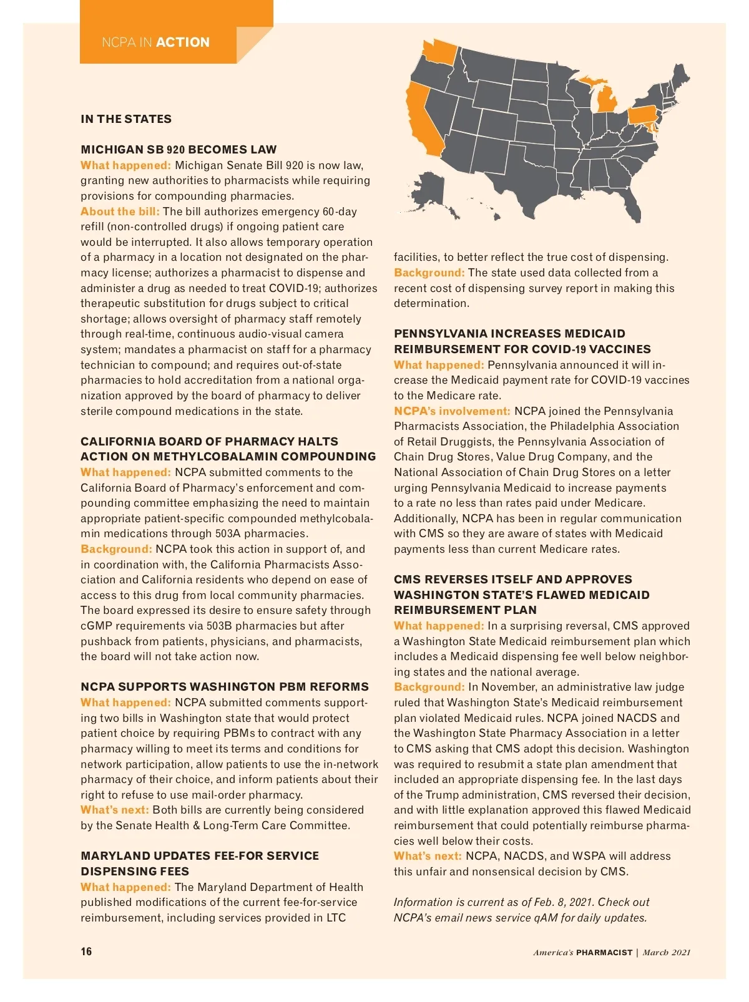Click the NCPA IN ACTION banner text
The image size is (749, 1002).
point(155,42)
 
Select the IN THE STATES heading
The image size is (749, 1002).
point(125,119)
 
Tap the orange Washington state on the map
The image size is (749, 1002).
point(439,52)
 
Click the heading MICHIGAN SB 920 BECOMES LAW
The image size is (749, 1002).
point(179,150)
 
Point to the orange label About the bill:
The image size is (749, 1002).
point(120,212)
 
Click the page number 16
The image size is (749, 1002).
point(86,951)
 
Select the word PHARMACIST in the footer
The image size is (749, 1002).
point(604,953)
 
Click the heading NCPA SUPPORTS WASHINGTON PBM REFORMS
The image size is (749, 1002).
point(225,687)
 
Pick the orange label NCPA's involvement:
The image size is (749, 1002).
point(452,411)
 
